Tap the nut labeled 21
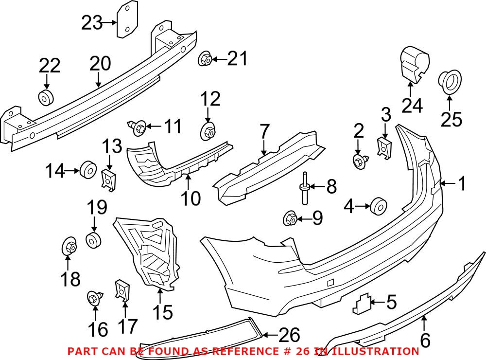coord(205,60)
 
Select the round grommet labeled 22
coord(45,98)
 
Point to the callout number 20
coord(100,64)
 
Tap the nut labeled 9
coord(290,218)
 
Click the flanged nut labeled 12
coord(208,131)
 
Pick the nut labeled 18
coord(68,247)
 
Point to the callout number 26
coord(288,335)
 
